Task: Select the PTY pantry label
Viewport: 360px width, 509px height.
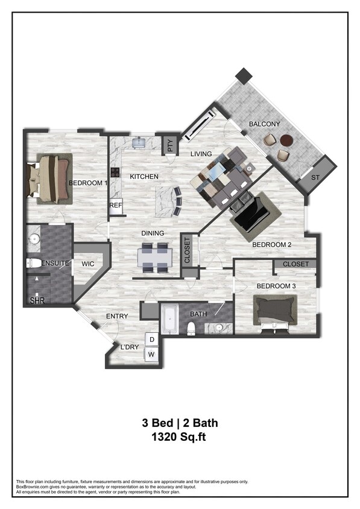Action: (171, 145)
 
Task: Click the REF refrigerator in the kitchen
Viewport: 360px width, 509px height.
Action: (116, 206)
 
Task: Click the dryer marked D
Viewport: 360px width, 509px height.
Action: (151, 340)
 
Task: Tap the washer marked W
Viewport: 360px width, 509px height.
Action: (151, 355)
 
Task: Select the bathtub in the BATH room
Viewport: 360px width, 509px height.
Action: (169, 319)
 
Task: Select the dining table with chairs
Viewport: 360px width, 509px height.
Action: (154, 258)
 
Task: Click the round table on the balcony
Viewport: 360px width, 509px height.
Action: (286, 141)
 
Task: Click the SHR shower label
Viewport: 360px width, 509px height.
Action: (37, 300)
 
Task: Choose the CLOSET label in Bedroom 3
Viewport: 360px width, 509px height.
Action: (295, 264)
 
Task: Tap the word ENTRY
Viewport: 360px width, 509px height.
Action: (116, 316)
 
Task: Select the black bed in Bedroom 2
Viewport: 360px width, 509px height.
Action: (251, 213)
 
